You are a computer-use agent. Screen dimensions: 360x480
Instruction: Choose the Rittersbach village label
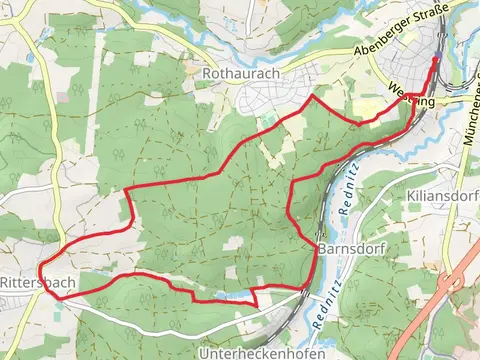coord(37,283)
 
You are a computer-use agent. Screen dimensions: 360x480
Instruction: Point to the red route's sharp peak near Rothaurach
coord(317,97)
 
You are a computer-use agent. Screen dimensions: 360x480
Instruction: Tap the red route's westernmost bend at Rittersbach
coord(41,270)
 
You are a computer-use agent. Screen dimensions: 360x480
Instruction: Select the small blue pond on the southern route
coord(237,295)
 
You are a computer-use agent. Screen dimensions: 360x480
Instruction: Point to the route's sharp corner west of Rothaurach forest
coord(127,189)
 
